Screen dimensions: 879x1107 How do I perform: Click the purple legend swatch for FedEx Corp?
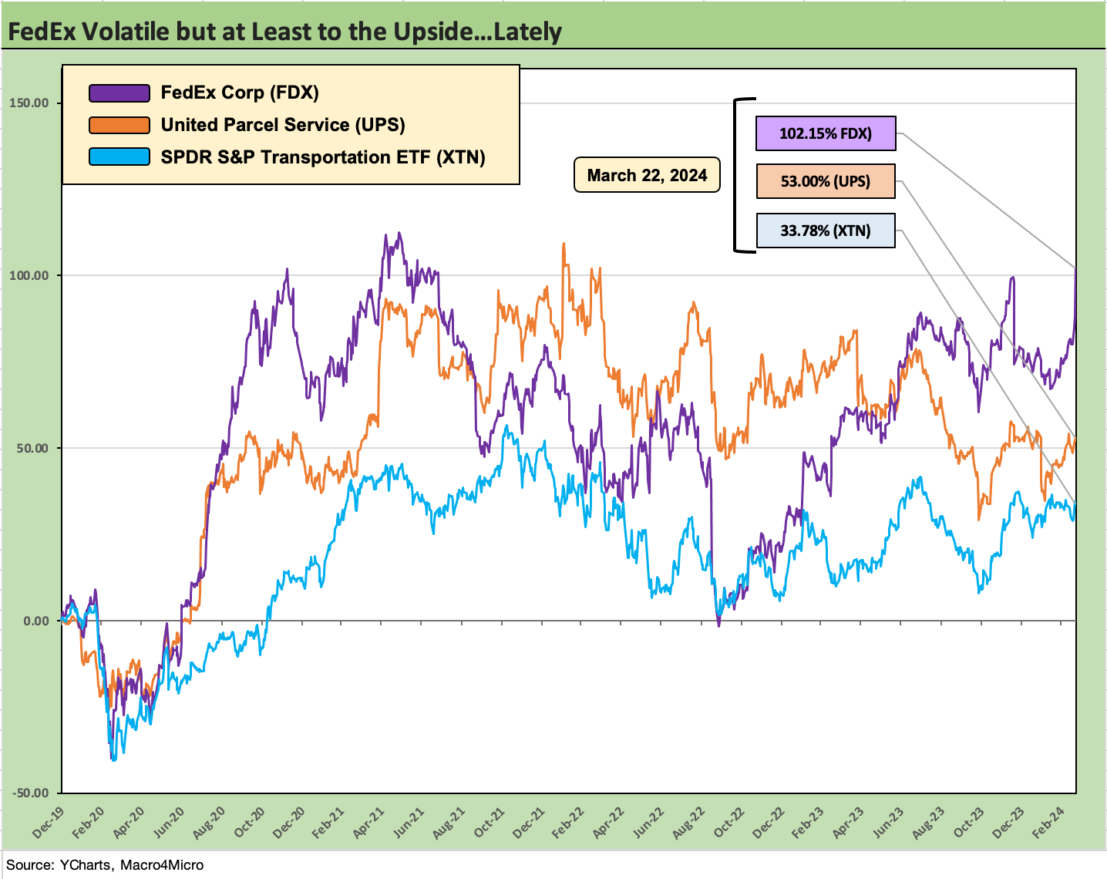(x=119, y=93)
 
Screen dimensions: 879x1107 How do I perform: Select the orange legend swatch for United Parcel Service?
(x=119, y=126)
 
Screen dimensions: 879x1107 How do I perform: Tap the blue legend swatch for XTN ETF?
(x=119, y=157)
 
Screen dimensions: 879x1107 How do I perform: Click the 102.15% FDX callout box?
(x=825, y=133)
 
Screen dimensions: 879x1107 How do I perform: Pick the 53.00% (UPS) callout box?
(x=825, y=181)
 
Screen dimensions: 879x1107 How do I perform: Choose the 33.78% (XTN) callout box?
(x=825, y=231)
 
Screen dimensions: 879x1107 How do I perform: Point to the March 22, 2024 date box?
(x=647, y=175)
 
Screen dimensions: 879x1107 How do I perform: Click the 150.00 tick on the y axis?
(x=29, y=103)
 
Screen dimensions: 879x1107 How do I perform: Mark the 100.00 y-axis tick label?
(x=29, y=276)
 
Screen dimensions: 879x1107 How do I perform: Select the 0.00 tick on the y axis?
(x=35, y=621)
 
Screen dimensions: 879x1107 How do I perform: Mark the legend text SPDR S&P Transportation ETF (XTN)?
(x=323, y=157)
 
